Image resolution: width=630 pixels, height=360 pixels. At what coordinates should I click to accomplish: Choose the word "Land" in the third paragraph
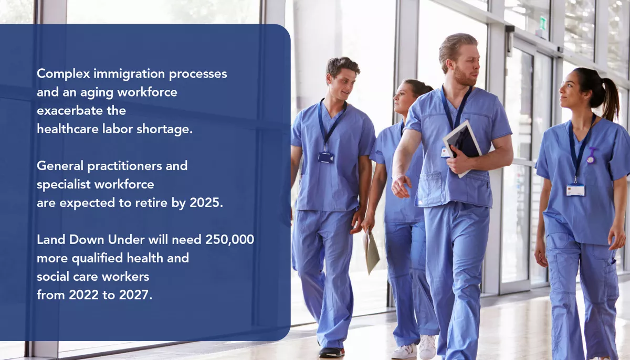[49, 240]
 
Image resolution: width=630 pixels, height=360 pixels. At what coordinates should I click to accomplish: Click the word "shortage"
[168, 129]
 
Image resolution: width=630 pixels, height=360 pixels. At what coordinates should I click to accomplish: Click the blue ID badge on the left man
[325, 157]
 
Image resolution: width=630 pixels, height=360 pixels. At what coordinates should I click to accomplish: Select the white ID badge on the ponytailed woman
[575, 189]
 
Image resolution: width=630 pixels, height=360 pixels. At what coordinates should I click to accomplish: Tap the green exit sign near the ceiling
[543, 23]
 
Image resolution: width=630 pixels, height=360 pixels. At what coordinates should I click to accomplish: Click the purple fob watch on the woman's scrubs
[592, 155]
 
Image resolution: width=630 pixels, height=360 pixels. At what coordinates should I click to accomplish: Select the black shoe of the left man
[332, 352]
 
